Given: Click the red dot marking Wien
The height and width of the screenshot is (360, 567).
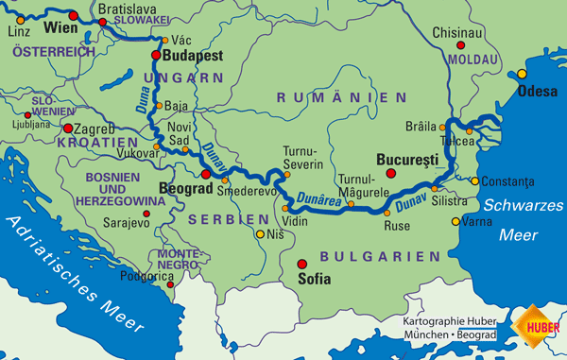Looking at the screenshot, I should pyautogui.click(x=74, y=15).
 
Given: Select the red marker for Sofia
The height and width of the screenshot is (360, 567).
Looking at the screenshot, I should pyautogui.click(x=302, y=264).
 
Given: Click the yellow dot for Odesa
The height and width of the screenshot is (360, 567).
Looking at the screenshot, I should pyautogui.click(x=522, y=73).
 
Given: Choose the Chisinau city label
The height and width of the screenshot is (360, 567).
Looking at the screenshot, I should pyautogui.click(x=457, y=32).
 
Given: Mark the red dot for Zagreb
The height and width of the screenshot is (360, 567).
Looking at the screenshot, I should pyautogui.click(x=68, y=128).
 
